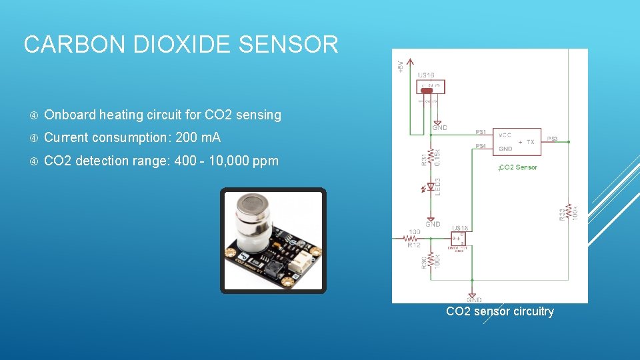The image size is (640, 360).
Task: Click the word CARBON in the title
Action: pyautogui.click(x=73, y=45)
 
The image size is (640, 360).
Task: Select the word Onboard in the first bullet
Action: pyautogui.click(x=69, y=115)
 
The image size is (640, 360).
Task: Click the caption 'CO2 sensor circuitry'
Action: pyautogui.click(x=499, y=311)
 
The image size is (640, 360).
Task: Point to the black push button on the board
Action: pyautogui.click(x=273, y=269)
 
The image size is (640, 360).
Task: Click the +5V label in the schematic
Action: pyautogui.click(x=401, y=66)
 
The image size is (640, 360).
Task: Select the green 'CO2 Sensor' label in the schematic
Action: pyautogui.click(x=518, y=167)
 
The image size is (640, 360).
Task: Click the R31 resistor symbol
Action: pyautogui.click(x=431, y=157)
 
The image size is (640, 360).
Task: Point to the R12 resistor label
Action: pyautogui.click(x=414, y=245)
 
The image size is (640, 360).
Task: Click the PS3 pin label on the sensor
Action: pyautogui.click(x=553, y=139)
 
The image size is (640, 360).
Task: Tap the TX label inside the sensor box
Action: pyautogui.click(x=530, y=141)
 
